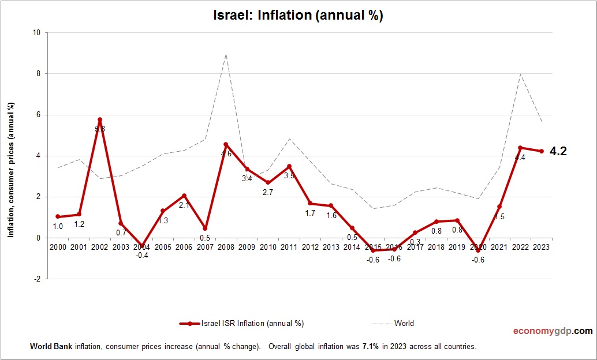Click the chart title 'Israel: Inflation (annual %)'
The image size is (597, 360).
(x=298, y=16)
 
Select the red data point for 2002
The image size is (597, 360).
(x=100, y=119)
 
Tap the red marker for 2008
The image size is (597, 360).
(x=226, y=144)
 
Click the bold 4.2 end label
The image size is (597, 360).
(x=558, y=152)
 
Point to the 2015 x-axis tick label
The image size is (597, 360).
(x=372, y=247)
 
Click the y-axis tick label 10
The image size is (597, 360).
(x=36, y=33)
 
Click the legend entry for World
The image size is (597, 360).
(x=404, y=323)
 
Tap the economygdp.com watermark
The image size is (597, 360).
(x=553, y=331)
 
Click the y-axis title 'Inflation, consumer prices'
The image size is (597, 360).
(x=10, y=170)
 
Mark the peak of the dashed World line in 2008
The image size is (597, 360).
(x=226, y=55)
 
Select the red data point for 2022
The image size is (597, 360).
(x=520, y=148)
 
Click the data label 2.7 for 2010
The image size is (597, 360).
(x=268, y=192)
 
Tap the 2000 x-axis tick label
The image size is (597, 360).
(x=58, y=247)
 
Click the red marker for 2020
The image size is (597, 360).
(x=478, y=250)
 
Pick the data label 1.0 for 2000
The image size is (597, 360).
(x=58, y=226)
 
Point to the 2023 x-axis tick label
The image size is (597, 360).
(x=541, y=247)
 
